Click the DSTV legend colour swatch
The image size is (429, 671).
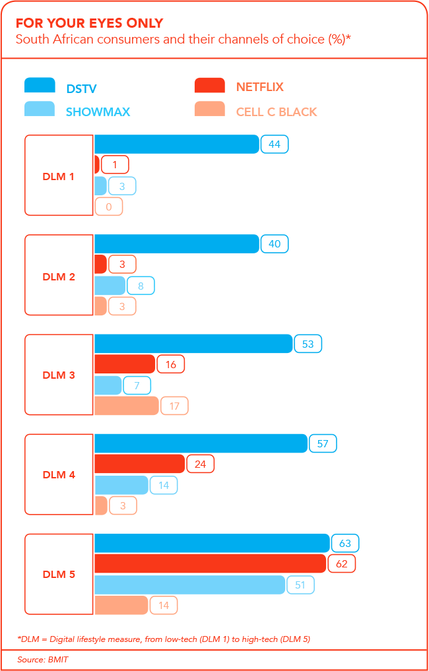click(x=40, y=86)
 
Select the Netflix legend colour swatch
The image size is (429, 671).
click(x=209, y=86)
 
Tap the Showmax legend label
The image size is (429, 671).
click(x=98, y=112)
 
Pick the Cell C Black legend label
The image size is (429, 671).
click(x=277, y=112)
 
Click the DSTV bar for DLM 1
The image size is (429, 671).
click(x=176, y=144)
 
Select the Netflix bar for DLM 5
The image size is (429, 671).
click(x=210, y=563)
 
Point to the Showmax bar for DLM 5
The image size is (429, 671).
click(x=190, y=585)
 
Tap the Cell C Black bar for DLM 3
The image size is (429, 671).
click(x=126, y=406)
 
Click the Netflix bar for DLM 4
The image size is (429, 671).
click(x=139, y=464)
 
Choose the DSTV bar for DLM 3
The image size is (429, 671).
click(x=193, y=344)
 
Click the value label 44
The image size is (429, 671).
click(x=275, y=144)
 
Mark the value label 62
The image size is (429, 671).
click(x=342, y=563)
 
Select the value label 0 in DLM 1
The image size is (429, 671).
click(x=109, y=207)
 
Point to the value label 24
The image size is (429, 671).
click(x=200, y=464)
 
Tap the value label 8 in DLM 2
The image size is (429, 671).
click(x=141, y=286)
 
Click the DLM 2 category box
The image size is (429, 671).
click(x=59, y=276)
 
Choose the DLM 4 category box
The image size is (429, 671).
click(x=59, y=474)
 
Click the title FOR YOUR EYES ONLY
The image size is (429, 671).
click(x=90, y=23)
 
